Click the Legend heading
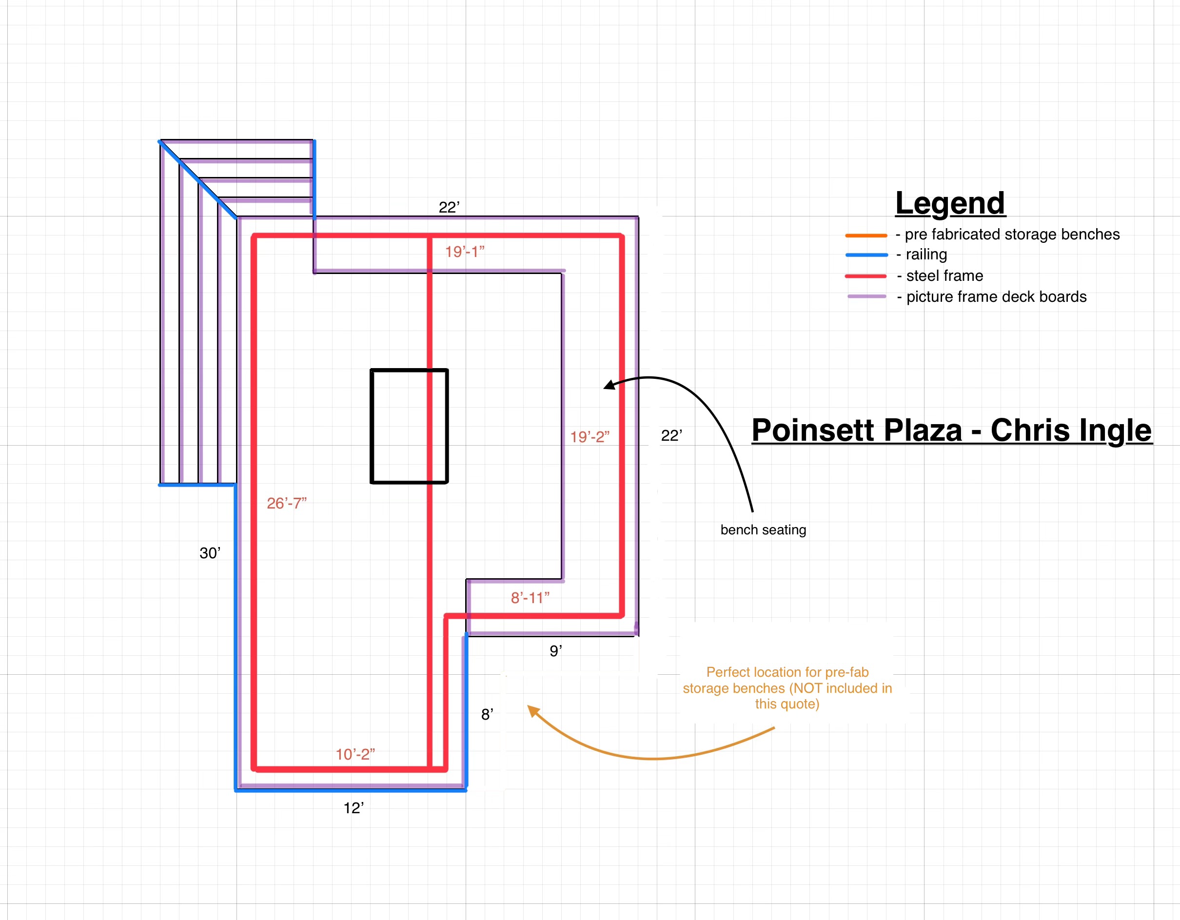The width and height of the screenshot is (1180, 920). pos(950,203)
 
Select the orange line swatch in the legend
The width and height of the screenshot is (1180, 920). pos(866,235)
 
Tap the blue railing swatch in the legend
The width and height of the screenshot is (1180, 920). pos(866,255)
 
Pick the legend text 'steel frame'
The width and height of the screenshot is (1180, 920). pos(944,276)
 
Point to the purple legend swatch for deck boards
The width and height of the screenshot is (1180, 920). pos(866,296)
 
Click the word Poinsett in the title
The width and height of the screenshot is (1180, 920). pos(856,430)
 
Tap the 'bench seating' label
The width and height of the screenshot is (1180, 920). pos(763,530)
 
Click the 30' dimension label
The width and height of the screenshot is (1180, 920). pos(210,553)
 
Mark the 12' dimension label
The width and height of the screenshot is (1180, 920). pos(354,808)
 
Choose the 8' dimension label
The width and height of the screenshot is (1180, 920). pos(487,715)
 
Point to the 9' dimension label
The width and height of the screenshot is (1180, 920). pos(555,651)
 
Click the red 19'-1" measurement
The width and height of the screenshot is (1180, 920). pos(465,252)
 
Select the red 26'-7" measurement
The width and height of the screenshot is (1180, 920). pos(286,504)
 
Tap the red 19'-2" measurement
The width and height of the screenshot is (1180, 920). pos(590,437)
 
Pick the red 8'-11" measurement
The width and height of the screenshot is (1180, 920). pos(530,598)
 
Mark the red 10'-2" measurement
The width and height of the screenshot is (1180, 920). pos(355,755)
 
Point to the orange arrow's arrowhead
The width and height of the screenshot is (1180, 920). pos(531,710)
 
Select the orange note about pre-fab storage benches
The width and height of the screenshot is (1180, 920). pos(787,688)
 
